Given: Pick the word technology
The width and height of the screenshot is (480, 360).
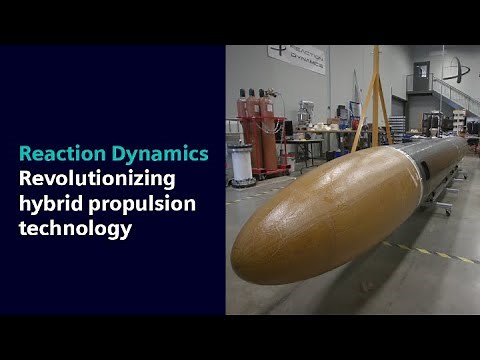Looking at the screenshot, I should click(x=75, y=229).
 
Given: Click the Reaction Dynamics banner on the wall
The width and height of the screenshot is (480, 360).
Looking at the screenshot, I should click(x=296, y=60).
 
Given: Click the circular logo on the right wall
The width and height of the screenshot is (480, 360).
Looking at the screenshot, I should click(x=456, y=70).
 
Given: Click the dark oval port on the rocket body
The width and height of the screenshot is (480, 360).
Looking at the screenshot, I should click(x=425, y=171).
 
